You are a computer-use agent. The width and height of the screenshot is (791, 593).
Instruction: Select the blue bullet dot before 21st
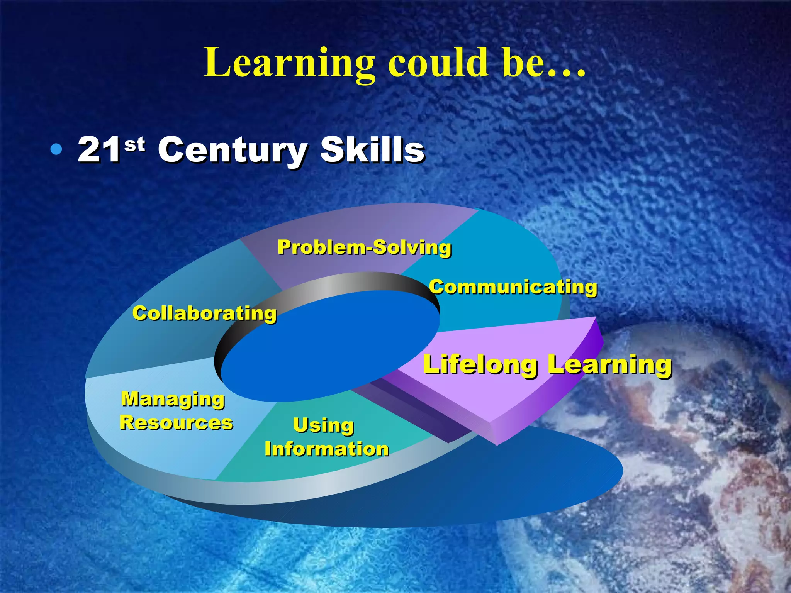pyautogui.click(x=56, y=149)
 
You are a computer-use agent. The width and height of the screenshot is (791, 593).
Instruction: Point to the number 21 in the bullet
pyautogui.click(x=99, y=150)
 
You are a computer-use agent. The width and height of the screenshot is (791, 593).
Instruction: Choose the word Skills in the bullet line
pyautogui.click(x=373, y=150)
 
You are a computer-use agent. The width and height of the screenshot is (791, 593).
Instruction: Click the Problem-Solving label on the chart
pyautogui.click(x=364, y=247)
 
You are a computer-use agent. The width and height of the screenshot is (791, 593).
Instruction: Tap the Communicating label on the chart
pyautogui.click(x=513, y=287)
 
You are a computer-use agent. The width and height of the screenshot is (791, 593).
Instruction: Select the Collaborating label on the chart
pyautogui.click(x=205, y=313)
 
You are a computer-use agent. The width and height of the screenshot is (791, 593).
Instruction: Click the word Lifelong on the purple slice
pyautogui.click(x=480, y=364)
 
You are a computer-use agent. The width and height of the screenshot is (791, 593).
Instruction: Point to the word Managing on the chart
pyautogui.click(x=173, y=399)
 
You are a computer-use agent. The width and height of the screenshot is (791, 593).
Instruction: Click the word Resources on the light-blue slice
pyautogui.click(x=176, y=423)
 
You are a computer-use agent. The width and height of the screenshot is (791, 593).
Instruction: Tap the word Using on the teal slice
pyautogui.click(x=324, y=425)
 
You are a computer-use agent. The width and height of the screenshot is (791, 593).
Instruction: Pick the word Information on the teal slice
pyautogui.click(x=327, y=449)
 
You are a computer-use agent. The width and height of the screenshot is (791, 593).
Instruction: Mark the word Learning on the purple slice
pyautogui.click(x=610, y=364)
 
